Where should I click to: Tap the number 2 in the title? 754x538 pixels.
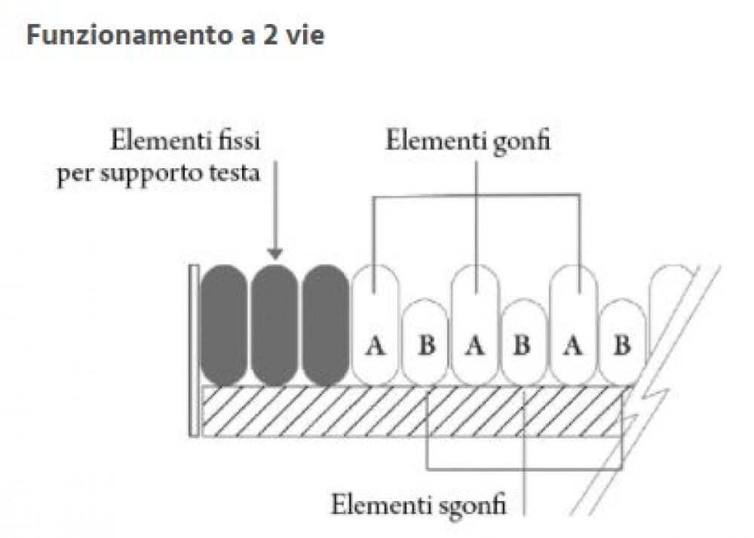pos(270,35)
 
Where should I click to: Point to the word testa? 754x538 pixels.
pos(234,173)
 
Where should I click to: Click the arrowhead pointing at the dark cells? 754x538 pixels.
pos(274,254)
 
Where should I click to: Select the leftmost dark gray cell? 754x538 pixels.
pos(224,325)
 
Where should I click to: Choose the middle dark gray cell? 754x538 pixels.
pos(274,325)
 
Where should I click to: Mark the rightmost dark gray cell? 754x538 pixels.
pos(326,325)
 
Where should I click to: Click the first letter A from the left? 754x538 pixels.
pos(375,346)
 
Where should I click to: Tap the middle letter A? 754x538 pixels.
pos(475,346)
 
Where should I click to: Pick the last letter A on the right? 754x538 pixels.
pos(573,346)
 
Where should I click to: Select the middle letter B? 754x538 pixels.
pos(523,346)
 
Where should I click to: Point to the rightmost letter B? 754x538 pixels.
pos(622,346)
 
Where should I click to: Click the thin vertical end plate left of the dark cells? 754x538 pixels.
pos(194,351)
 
